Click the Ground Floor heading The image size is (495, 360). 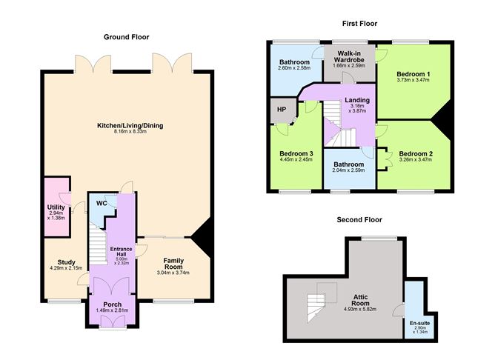[126, 37]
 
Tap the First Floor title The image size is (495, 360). [359, 24]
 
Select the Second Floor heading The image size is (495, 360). [359, 219]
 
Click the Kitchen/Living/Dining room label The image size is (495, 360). [130, 126]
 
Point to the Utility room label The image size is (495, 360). [56, 207]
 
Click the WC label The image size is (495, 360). [102, 203]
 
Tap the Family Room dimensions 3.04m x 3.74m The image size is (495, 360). [173, 273]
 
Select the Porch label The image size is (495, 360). [113, 304]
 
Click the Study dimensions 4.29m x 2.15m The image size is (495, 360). [66, 268]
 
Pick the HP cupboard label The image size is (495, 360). [282, 109]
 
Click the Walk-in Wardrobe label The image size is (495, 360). [349, 56]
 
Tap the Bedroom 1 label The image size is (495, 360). [413, 74]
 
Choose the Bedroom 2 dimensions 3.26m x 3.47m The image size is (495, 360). [416, 160]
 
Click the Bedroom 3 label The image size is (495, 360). [296, 153]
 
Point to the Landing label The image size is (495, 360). [357, 100]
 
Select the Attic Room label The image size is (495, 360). [360, 300]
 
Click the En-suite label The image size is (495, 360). [419, 324]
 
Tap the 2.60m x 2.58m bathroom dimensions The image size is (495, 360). [294, 68]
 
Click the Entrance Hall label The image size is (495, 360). [122, 251]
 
